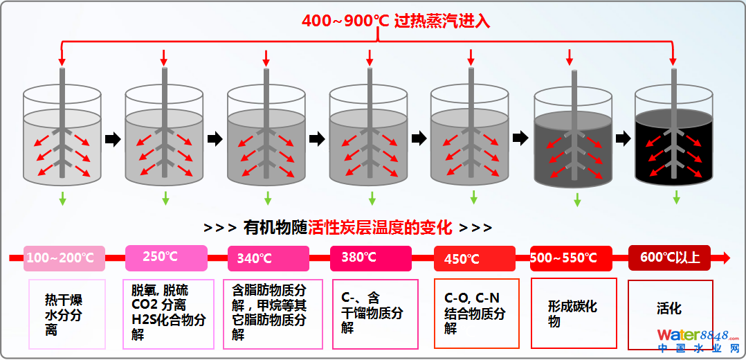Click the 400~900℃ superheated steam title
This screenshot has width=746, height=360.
click(x=395, y=21)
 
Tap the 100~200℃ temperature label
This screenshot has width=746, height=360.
click(x=64, y=258)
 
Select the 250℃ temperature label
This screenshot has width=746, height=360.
click(x=166, y=257)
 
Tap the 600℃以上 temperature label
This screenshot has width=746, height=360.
click(x=669, y=258)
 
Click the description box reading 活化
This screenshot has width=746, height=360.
click(x=670, y=314)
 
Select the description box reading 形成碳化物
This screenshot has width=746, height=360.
click(x=573, y=313)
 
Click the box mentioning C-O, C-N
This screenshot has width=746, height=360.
click(x=476, y=313)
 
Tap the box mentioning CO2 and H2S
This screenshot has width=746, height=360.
click(x=168, y=314)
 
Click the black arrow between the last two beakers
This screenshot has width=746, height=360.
click(x=622, y=138)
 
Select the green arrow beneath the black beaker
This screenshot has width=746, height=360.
click(x=676, y=197)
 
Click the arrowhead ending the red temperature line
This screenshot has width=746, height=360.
click(x=724, y=258)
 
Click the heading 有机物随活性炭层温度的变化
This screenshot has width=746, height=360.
click(x=348, y=227)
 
